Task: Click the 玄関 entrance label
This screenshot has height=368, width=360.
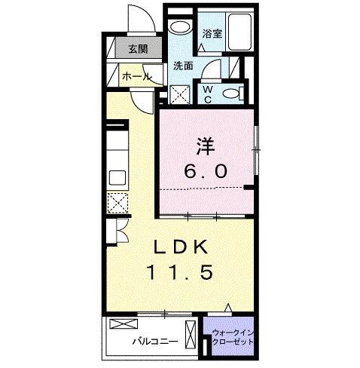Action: [137, 50]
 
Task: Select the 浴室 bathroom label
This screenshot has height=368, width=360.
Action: [211, 34]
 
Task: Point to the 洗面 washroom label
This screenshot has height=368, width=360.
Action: [183, 66]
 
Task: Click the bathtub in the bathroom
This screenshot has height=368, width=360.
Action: [240, 34]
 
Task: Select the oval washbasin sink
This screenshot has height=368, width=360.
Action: [179, 28]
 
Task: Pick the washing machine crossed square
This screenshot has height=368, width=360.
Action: [181, 96]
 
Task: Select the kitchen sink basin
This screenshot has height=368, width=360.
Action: [118, 177]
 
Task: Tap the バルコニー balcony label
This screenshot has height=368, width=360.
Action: [156, 341]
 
